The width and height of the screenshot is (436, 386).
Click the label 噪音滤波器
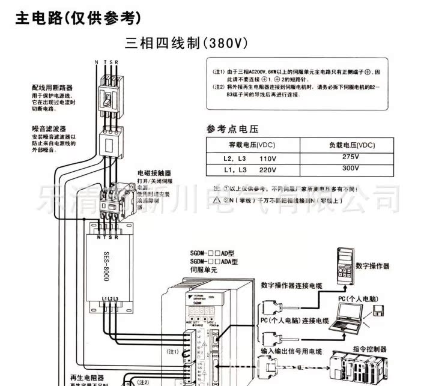point(49,128)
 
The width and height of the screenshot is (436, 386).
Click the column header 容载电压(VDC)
point(252,145)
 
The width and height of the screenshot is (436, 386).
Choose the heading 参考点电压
point(231,128)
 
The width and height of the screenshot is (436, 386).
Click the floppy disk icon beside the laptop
point(378,310)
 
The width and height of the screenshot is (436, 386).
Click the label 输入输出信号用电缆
point(291,351)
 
